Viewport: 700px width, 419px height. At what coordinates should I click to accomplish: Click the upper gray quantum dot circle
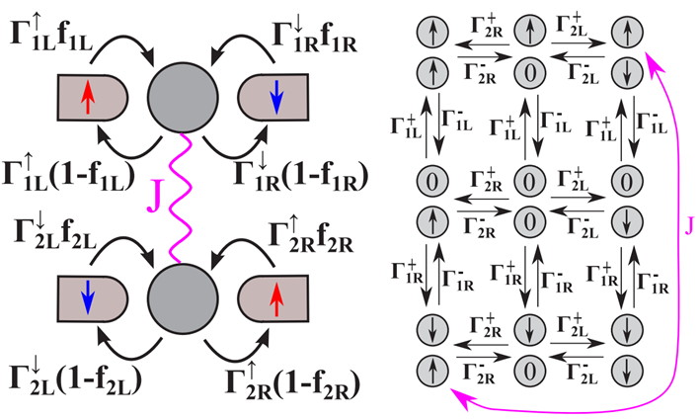coord(182,96)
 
